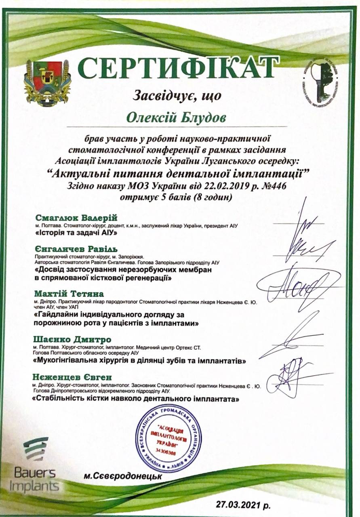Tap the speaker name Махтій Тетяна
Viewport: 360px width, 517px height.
tap(69, 293)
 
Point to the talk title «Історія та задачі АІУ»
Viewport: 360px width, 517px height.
tap(76, 233)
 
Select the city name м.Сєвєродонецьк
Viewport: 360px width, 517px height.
tap(123, 477)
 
